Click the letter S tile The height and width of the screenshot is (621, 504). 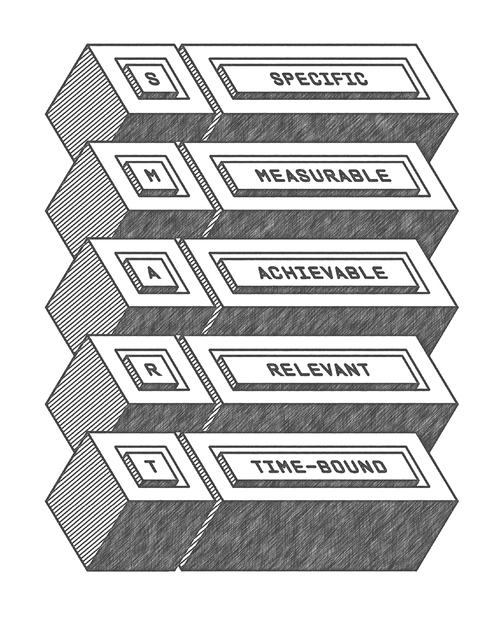click(152, 78)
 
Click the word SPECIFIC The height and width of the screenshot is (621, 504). click(320, 78)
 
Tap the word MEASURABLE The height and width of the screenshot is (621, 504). click(324, 175)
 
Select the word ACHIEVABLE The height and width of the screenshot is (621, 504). click(322, 273)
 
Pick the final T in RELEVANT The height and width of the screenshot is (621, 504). click(365, 369)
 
